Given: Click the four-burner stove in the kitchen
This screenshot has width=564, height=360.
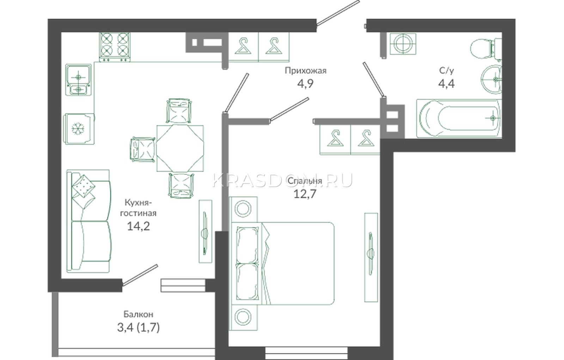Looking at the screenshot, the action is (115, 47).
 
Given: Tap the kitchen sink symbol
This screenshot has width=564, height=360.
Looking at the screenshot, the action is (78, 80).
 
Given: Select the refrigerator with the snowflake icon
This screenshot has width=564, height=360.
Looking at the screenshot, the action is (80, 129).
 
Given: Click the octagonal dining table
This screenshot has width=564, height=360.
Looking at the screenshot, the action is (180, 148).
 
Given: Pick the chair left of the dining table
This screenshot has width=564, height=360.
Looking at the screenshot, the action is (142, 150).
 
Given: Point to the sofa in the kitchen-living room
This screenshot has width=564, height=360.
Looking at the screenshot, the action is (88, 221).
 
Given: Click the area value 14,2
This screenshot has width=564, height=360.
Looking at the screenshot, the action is (138, 226).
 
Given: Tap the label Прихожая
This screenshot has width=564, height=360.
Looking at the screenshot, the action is (305, 71).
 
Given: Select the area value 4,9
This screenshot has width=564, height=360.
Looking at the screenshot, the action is (305, 83).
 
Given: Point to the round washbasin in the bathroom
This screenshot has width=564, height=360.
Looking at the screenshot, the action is (491, 80).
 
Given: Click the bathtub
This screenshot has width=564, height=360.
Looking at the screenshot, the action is (459, 118).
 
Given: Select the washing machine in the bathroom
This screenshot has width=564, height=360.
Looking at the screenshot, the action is (403, 44).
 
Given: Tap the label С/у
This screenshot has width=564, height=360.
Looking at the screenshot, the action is (446, 71).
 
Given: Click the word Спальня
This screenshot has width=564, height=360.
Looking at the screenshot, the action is (305, 181).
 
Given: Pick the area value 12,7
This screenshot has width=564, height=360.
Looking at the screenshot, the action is (305, 194).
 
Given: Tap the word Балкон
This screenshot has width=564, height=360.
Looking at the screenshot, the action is (138, 314).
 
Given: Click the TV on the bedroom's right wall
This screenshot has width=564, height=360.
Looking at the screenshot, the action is (371, 257).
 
